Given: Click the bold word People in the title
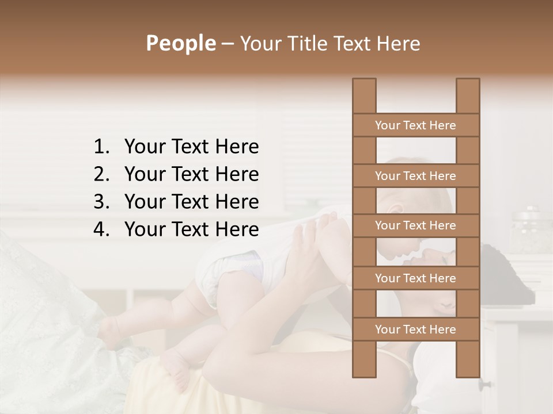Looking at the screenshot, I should click(x=180, y=44).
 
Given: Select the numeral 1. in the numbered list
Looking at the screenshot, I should click(x=101, y=147).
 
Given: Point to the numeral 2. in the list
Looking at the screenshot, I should click(x=101, y=174).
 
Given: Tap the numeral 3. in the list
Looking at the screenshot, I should click(x=101, y=202).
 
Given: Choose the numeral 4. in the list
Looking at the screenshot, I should click(x=101, y=229).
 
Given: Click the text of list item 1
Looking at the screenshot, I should click(x=191, y=147).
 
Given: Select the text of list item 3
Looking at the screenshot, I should click(x=191, y=202).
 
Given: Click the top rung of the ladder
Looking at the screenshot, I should click(x=415, y=125).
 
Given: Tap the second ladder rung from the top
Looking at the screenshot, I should click(x=415, y=176).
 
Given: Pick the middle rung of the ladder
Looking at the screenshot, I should click(x=415, y=226).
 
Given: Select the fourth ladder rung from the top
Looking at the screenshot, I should click(x=415, y=278).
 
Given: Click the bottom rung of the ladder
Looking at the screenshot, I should click(x=415, y=329).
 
